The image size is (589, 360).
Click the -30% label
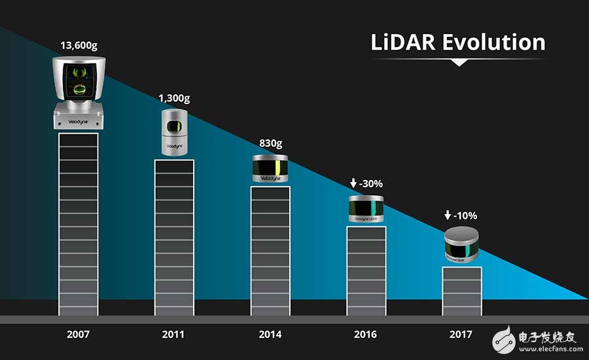click(x=371, y=183)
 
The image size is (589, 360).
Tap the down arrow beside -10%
click(x=448, y=215)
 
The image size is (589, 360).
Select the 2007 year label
click(x=78, y=334)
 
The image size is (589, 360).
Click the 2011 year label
click(x=174, y=334)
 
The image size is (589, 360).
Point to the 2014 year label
click(x=270, y=334)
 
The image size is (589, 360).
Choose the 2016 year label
click(x=366, y=334)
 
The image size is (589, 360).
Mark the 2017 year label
click(x=461, y=334)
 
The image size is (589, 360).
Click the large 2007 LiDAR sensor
click(x=78, y=92)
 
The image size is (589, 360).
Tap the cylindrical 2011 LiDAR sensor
click(x=174, y=132)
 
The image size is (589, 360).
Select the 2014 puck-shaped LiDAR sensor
click(x=270, y=170)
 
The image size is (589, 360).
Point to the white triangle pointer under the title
click(x=459, y=62)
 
